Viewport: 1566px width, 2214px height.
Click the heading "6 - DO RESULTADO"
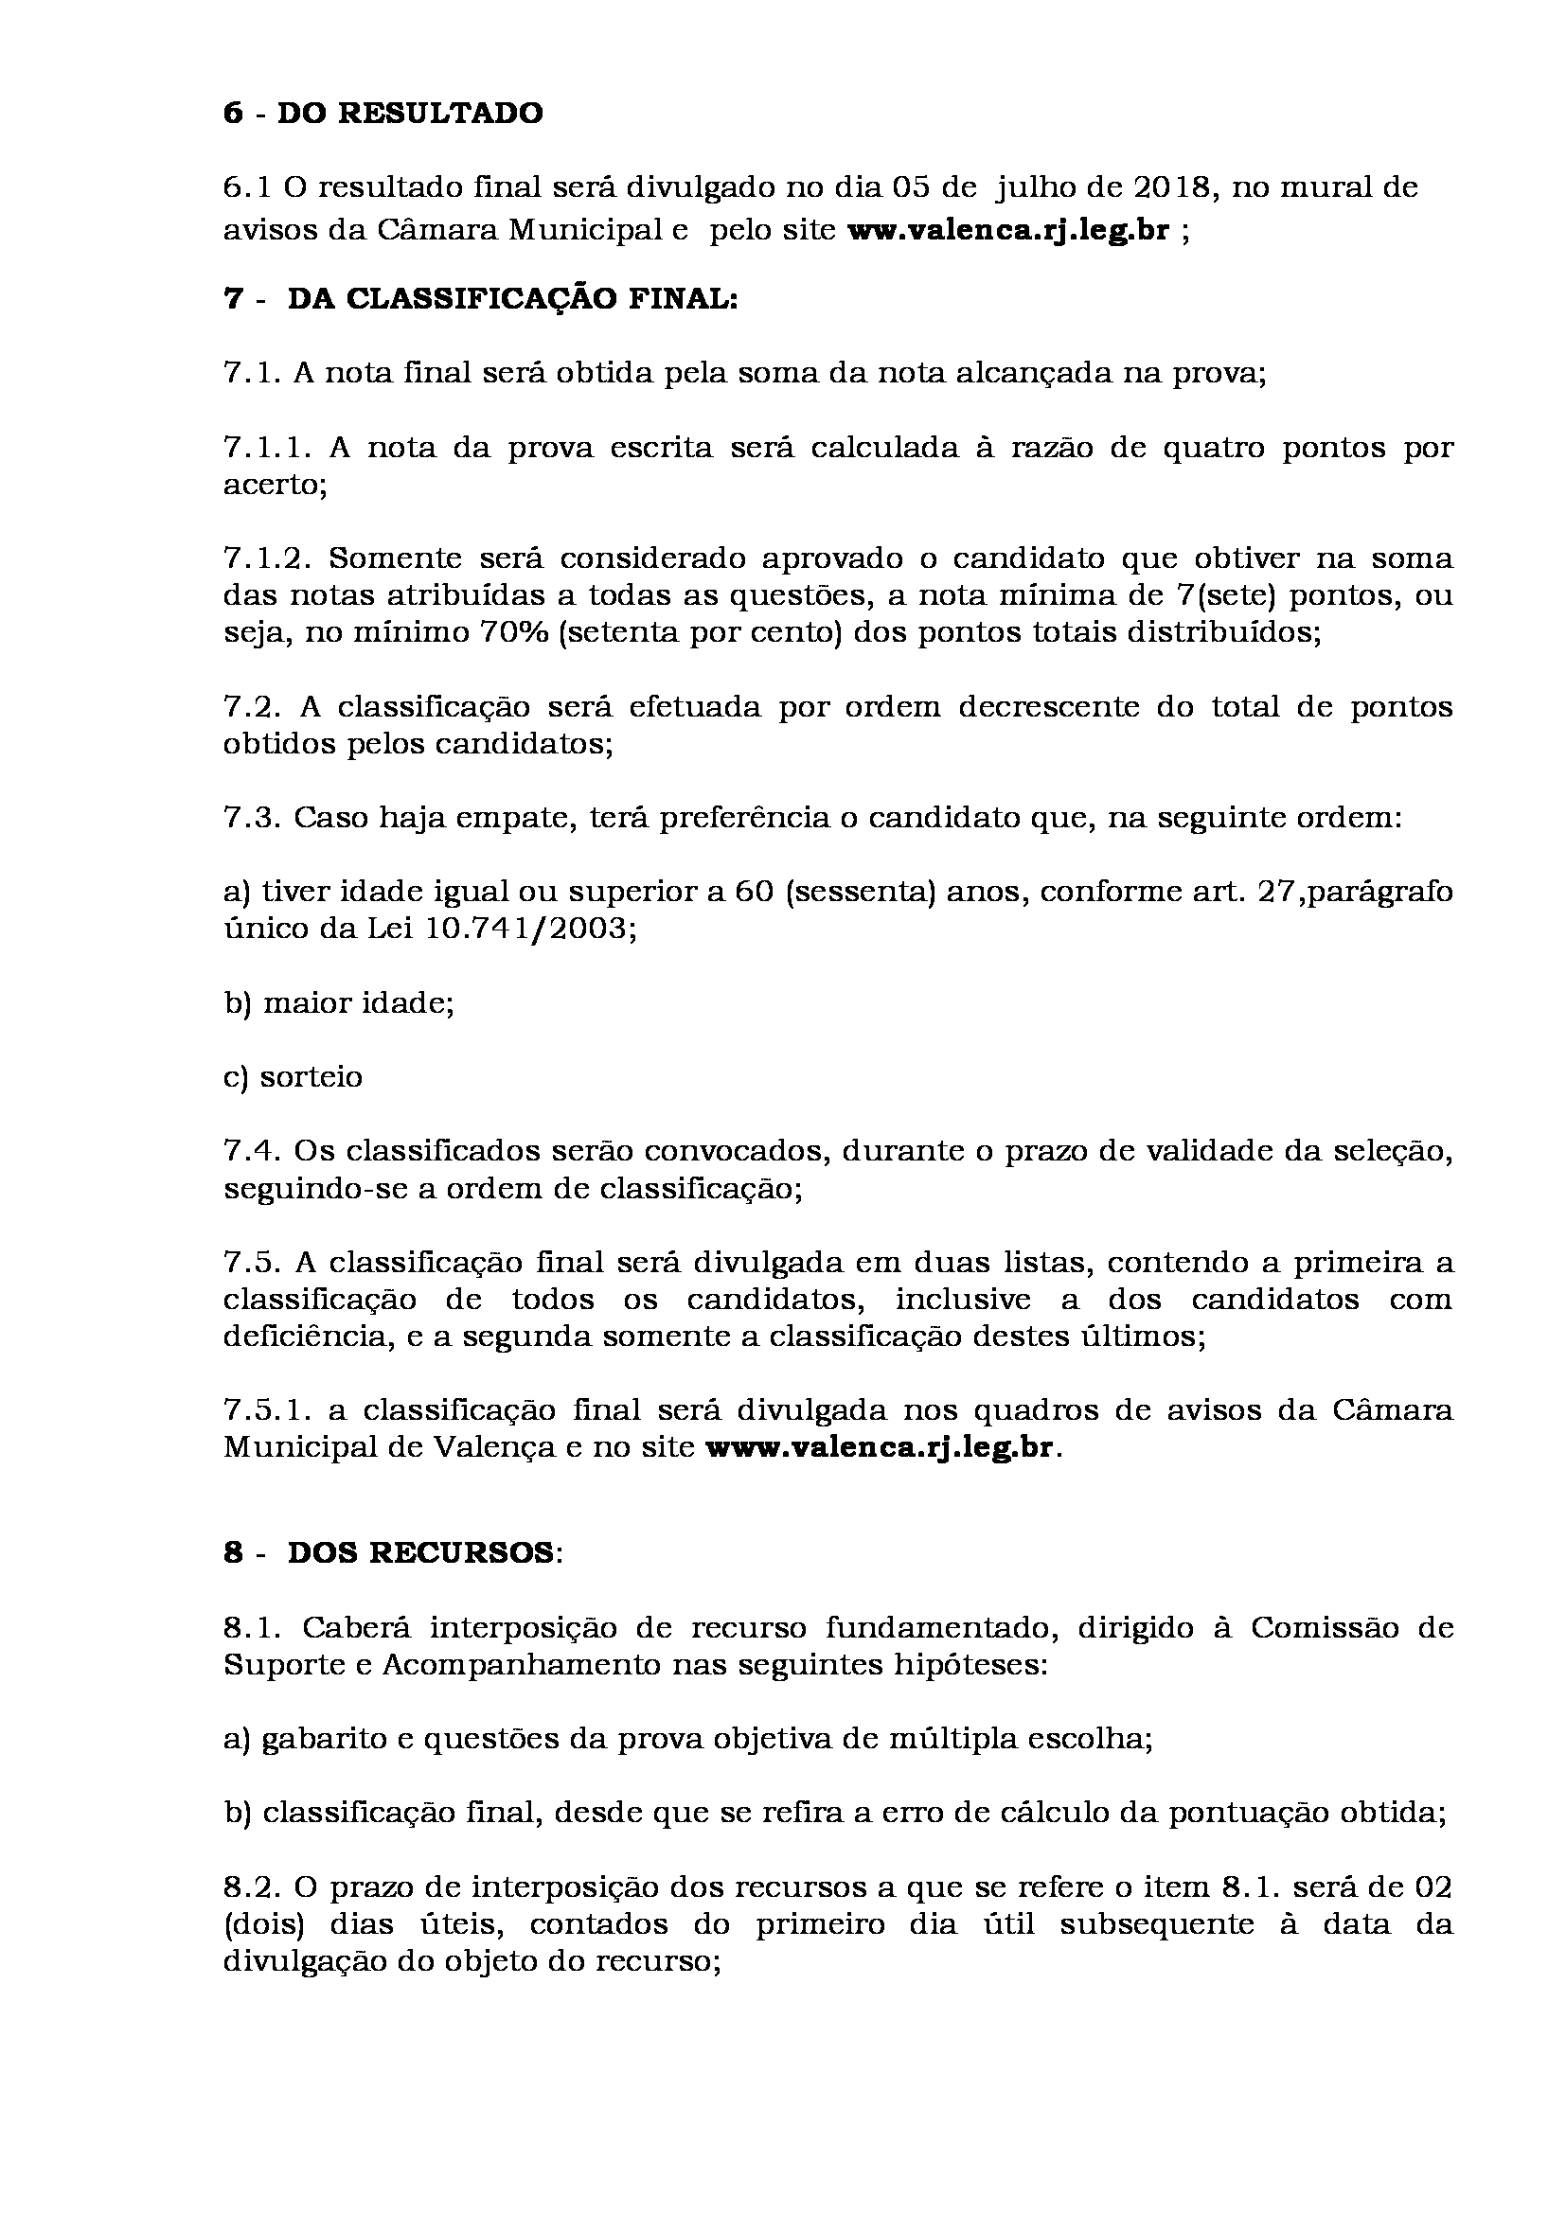(x=383, y=114)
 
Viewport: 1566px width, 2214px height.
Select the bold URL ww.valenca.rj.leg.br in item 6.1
(x=1007, y=231)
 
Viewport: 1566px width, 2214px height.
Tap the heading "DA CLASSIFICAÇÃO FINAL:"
(x=512, y=299)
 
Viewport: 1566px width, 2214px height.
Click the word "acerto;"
(x=276, y=484)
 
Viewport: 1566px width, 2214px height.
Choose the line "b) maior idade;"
(x=338, y=1002)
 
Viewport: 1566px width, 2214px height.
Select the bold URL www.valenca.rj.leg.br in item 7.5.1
(x=881, y=1448)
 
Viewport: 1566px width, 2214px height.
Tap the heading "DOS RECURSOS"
(x=420, y=1553)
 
